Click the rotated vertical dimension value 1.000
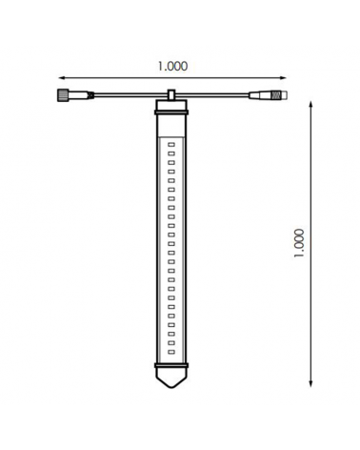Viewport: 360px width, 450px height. [299, 243]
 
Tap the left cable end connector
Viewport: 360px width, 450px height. [62, 94]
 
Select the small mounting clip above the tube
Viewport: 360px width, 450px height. [170, 95]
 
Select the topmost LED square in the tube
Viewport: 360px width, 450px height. [171, 145]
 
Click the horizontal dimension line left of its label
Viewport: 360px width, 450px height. [105, 78]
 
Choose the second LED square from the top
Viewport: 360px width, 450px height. [171, 154]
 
